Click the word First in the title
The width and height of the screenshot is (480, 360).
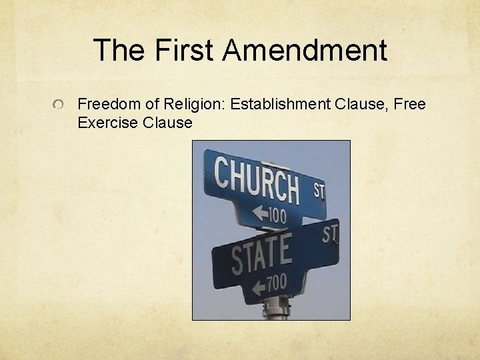(184, 50)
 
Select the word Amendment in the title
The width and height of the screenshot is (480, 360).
(305, 50)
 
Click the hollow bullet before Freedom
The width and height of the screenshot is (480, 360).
(60, 105)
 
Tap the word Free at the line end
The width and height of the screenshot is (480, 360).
(411, 104)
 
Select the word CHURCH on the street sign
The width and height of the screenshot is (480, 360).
(257, 179)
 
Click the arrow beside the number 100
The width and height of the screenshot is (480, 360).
(258, 213)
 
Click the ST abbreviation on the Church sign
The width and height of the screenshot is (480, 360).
(319, 191)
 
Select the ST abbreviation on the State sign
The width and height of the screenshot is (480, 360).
(329, 233)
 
